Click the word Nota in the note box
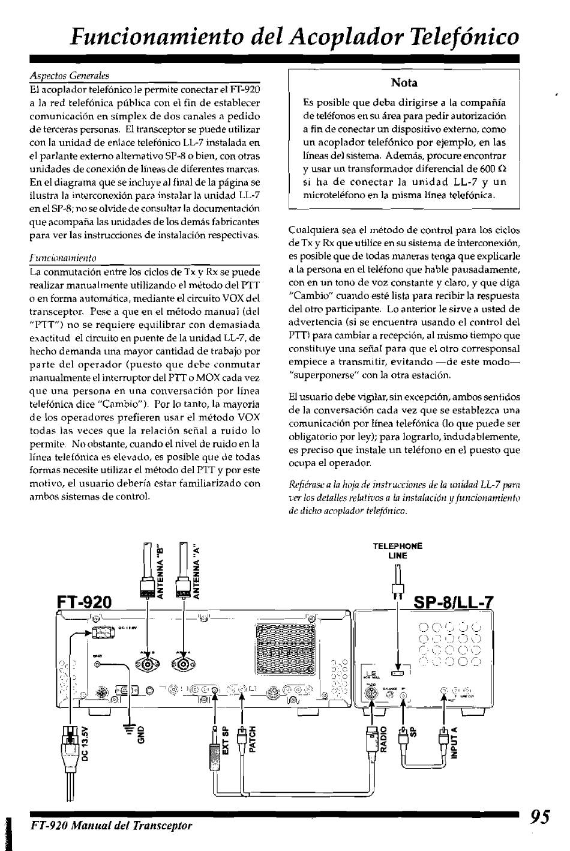click(x=404, y=82)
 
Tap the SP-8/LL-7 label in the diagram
click(x=454, y=603)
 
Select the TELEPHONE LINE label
click(x=398, y=551)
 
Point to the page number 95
click(x=540, y=817)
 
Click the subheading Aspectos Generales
click(x=70, y=76)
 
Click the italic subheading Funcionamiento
click(x=64, y=258)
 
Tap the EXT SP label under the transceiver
click(x=226, y=740)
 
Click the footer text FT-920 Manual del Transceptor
click(x=112, y=825)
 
